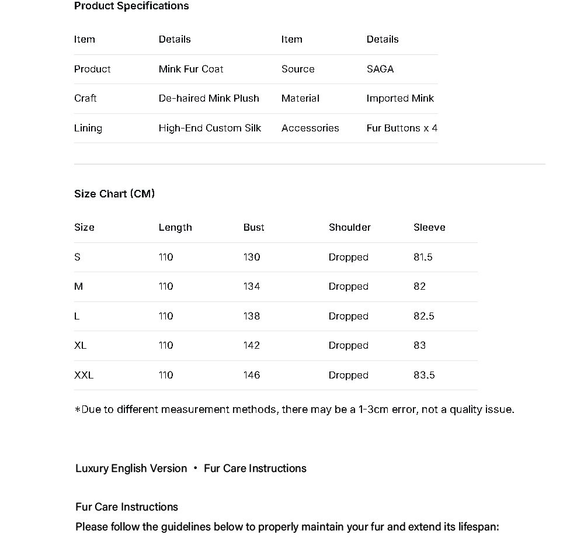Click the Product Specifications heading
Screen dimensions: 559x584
131,6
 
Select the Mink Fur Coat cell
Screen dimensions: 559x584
191,69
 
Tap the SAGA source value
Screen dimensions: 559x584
380,69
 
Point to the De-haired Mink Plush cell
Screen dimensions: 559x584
208,98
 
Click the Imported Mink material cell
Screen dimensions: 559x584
400,98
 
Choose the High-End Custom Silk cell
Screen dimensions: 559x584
210,128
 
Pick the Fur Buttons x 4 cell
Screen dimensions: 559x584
402,128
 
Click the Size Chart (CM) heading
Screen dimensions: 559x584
114,194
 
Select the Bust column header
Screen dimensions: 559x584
253,227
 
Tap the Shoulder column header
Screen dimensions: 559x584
349,227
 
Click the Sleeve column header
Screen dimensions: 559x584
429,227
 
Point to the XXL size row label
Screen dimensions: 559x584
84,375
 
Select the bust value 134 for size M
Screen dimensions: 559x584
252,286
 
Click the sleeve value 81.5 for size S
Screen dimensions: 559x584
423,257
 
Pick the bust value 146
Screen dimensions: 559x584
252,375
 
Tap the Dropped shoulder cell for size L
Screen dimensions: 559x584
348,316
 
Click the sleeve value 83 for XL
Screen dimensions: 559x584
419,345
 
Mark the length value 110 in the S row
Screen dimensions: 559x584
166,257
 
